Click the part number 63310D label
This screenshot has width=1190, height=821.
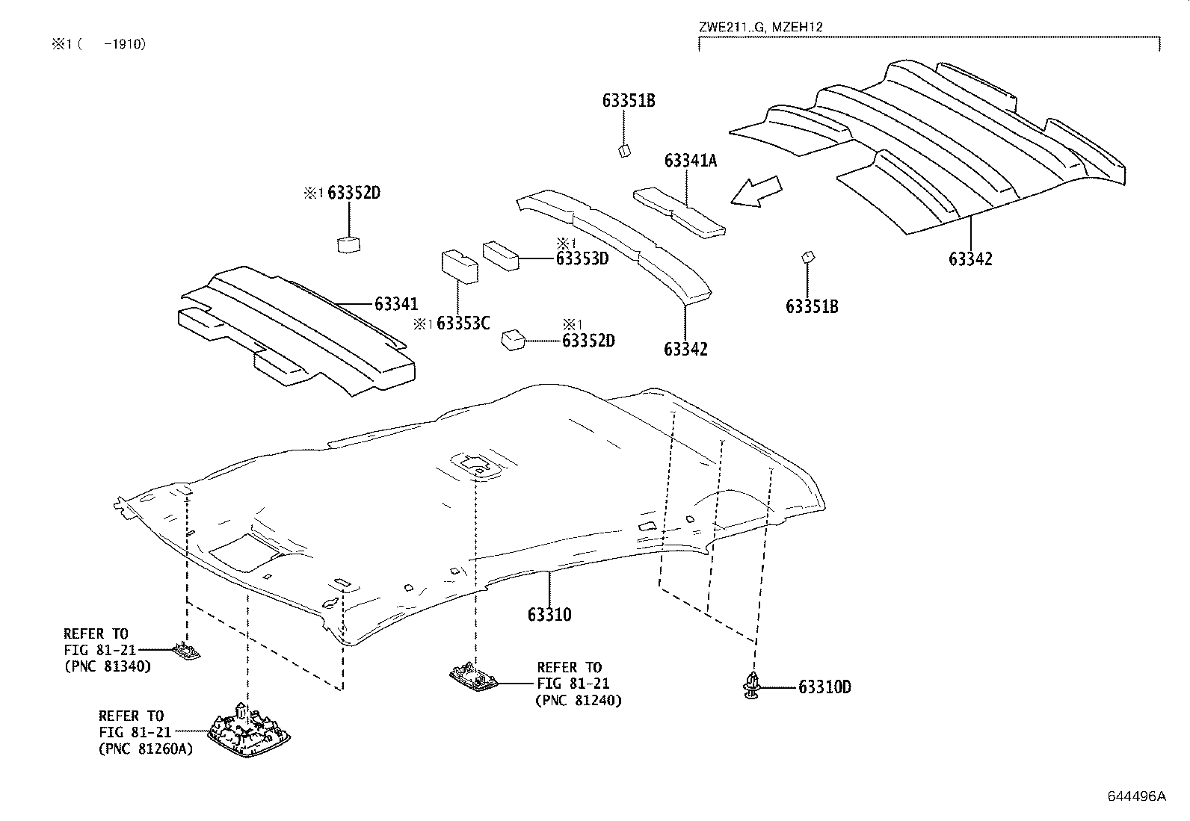coord(824,687)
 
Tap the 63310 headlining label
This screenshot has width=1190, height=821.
coord(549,615)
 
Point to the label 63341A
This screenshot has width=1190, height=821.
coord(690,161)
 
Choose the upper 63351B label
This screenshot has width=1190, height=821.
coord(629,101)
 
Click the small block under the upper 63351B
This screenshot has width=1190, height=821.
coord(625,151)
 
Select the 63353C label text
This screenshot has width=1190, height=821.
coord(463,323)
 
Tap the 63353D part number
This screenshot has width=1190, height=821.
coord(582,258)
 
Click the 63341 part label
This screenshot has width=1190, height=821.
coord(396,304)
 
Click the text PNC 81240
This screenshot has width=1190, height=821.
coord(579,701)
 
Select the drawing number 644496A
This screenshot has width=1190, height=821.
coord(1136,796)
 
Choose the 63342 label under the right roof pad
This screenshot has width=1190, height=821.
coord(970,259)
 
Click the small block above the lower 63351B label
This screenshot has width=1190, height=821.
coord(807,258)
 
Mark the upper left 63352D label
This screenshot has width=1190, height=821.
coord(354,193)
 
